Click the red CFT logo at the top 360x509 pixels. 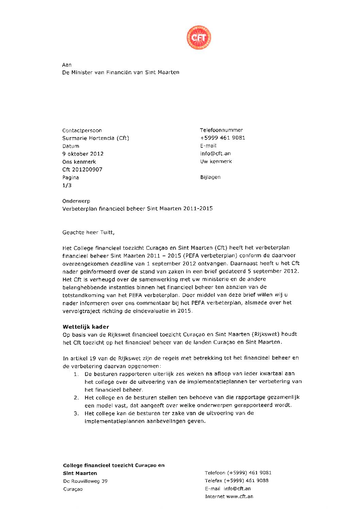(199, 37)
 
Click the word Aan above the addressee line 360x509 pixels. (67, 65)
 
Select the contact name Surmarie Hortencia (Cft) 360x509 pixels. (96, 138)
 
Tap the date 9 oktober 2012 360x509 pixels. (83, 154)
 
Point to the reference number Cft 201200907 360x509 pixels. (82, 169)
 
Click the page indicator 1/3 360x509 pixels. (67, 185)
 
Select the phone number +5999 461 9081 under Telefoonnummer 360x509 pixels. (223, 138)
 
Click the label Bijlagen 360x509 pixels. (210, 177)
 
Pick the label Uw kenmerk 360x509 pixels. (216, 162)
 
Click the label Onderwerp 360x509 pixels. (76, 201)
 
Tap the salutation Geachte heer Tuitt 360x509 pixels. (88, 232)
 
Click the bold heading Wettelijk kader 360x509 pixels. (86, 327)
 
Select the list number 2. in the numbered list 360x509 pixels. (77, 398)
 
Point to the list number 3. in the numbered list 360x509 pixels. (77, 413)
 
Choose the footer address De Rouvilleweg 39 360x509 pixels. (85, 481)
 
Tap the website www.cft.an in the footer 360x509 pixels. (240, 496)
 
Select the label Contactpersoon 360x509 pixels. (82, 130)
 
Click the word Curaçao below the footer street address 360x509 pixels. (73, 489)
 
